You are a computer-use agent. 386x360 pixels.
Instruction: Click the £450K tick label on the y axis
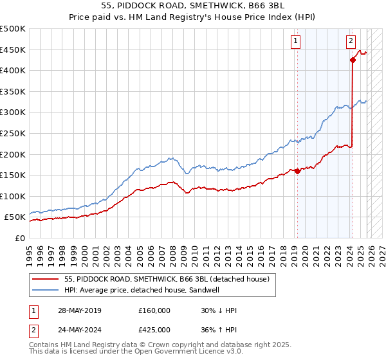click(x=13, y=50)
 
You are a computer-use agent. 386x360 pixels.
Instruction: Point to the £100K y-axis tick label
click(x=13, y=196)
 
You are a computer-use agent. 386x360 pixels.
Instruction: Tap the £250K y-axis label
click(x=13, y=133)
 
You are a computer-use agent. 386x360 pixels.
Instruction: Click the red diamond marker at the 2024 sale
click(x=353, y=60)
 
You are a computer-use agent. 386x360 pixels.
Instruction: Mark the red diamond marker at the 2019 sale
click(x=297, y=171)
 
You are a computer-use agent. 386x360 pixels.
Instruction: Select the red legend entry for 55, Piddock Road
click(x=170, y=278)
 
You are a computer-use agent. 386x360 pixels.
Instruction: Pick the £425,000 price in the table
click(x=154, y=330)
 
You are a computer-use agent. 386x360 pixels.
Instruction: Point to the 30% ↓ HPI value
click(x=219, y=310)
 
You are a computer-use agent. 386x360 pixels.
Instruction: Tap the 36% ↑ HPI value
click(x=219, y=330)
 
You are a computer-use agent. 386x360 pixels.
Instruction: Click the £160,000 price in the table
click(x=154, y=310)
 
